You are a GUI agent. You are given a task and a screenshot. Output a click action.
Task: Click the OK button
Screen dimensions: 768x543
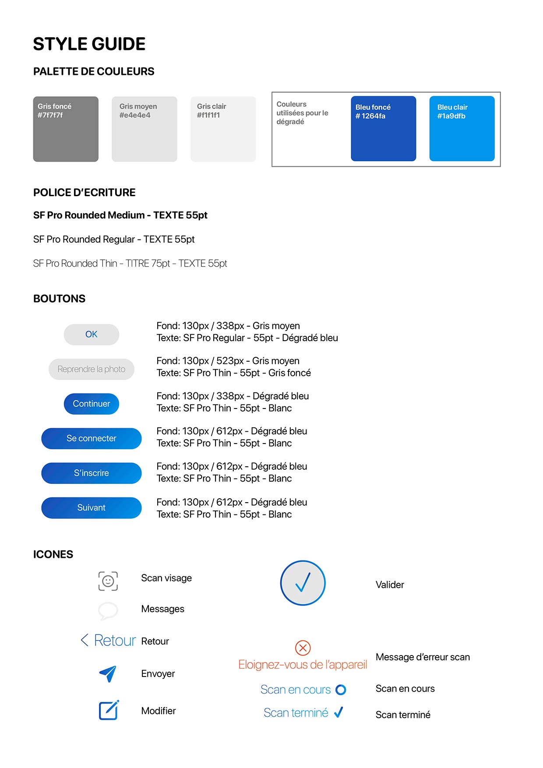point(91,335)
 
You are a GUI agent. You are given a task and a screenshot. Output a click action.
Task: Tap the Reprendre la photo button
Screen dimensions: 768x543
point(91,369)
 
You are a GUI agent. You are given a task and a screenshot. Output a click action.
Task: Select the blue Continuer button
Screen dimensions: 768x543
point(91,404)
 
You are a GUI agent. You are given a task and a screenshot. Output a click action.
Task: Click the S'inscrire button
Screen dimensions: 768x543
point(91,473)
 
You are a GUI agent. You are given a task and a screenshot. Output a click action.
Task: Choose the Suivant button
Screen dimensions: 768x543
point(91,507)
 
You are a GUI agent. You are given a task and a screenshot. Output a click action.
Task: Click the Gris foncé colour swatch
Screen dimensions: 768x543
point(66,129)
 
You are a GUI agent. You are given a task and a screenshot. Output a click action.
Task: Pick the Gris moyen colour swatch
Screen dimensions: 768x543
point(145,129)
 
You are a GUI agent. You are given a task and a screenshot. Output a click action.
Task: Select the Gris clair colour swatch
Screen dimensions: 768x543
point(223,129)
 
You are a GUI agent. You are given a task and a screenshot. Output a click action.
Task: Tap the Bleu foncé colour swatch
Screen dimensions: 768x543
point(383,129)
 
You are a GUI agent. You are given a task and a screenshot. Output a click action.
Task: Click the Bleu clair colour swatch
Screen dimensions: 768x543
point(462,129)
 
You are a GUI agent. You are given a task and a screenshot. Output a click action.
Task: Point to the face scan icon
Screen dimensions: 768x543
point(108,581)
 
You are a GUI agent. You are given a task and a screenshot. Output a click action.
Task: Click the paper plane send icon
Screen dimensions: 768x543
point(108,674)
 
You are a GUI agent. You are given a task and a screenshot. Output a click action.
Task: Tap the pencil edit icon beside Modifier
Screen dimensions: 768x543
point(109,710)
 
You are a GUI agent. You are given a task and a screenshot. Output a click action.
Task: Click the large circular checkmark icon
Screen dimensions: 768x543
point(303,583)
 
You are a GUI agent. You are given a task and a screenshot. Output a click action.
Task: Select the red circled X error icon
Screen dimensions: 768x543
point(303,648)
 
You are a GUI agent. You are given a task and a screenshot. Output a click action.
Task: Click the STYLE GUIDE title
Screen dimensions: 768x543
point(89,44)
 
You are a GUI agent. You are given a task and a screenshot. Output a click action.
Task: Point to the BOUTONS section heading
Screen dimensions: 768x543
point(60,299)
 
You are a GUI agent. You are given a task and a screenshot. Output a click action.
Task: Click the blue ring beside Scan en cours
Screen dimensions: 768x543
point(341,690)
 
